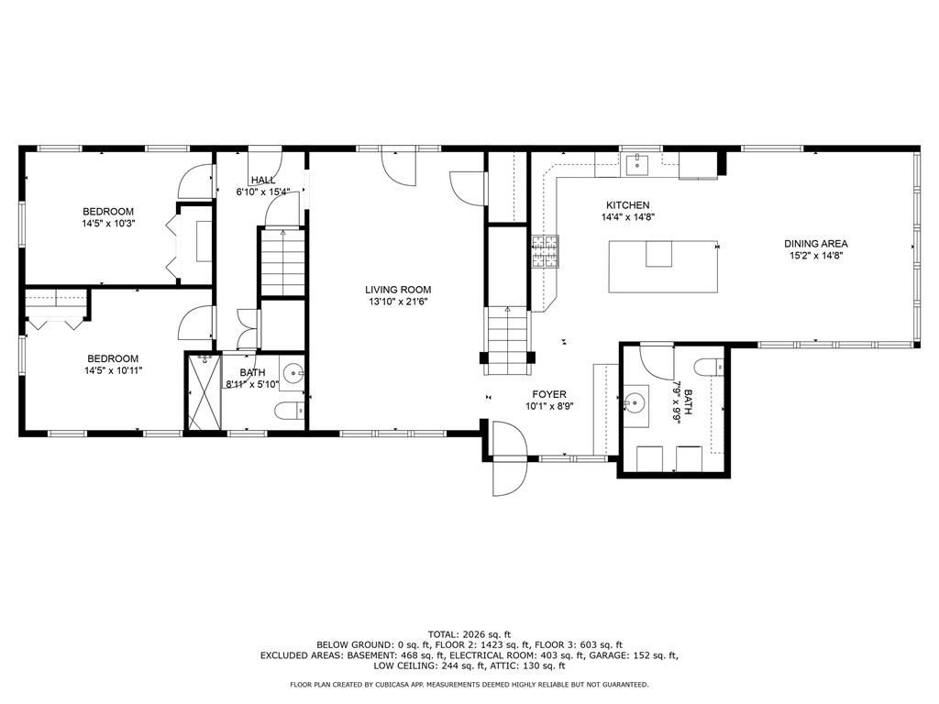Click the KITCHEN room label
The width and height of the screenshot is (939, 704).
click(x=627, y=205)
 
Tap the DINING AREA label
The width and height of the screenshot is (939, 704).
click(x=815, y=244)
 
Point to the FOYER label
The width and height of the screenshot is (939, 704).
click(x=549, y=394)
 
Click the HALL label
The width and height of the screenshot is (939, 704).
click(x=263, y=181)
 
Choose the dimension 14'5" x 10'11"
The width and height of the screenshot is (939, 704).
click(x=115, y=370)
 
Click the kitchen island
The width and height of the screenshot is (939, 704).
click(x=663, y=266)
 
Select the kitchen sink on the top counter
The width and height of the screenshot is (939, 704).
click(x=635, y=165)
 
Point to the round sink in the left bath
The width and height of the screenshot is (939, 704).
click(x=293, y=374)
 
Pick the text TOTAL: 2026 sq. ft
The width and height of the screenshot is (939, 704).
click(x=469, y=634)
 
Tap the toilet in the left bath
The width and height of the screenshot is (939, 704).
click(x=290, y=411)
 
